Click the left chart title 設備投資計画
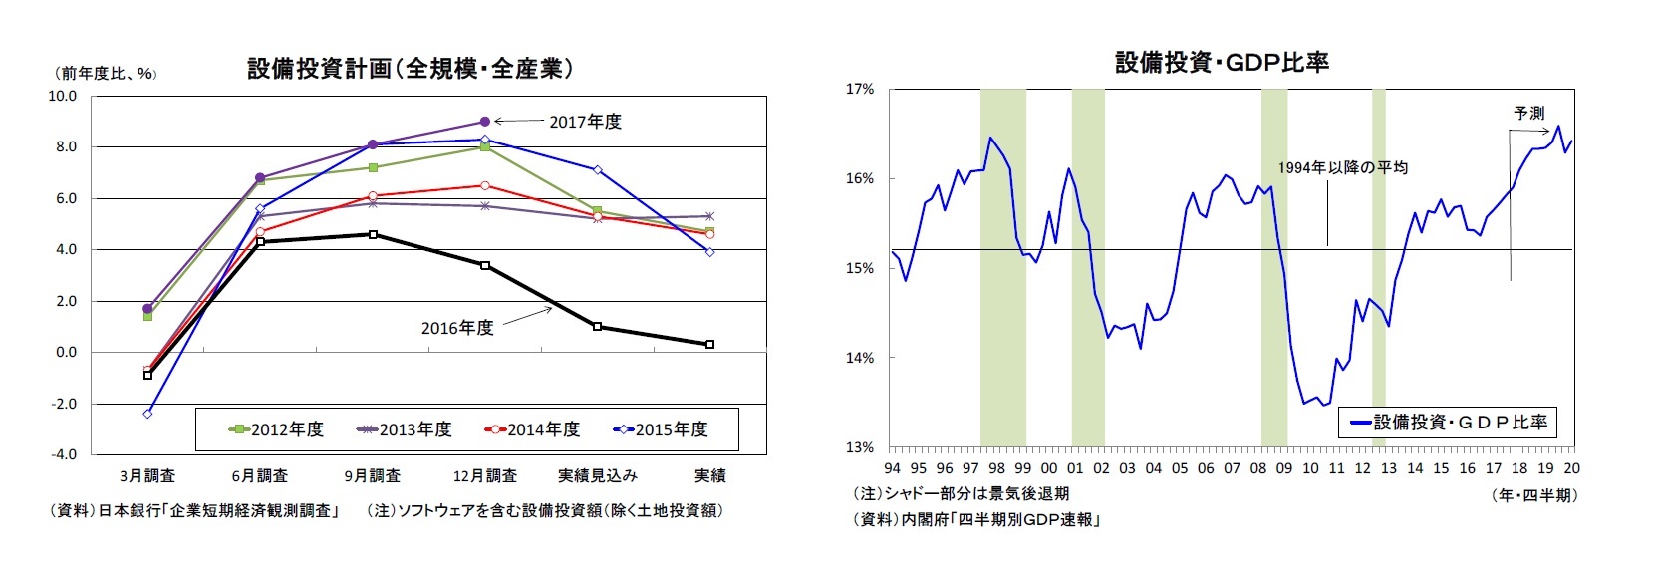[x=410, y=69]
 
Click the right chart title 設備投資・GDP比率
[x=1222, y=63]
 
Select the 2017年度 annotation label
[x=585, y=122]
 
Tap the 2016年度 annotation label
[x=456, y=328]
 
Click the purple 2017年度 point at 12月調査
[x=485, y=122]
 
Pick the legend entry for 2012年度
[x=277, y=429]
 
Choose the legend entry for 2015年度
[x=662, y=429]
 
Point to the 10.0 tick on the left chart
[x=62, y=97]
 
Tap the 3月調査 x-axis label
[x=147, y=476]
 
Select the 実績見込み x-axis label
[x=597, y=476]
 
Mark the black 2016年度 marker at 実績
[x=709, y=345]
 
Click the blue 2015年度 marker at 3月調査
[x=147, y=414]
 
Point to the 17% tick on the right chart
[x=860, y=90]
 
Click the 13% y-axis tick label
[x=860, y=447]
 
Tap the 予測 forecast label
[x=1528, y=113]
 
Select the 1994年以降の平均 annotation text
[x=1342, y=167]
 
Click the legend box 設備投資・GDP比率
[x=1447, y=423]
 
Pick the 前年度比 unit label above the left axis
[x=104, y=73]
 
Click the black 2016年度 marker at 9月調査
[x=373, y=235]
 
